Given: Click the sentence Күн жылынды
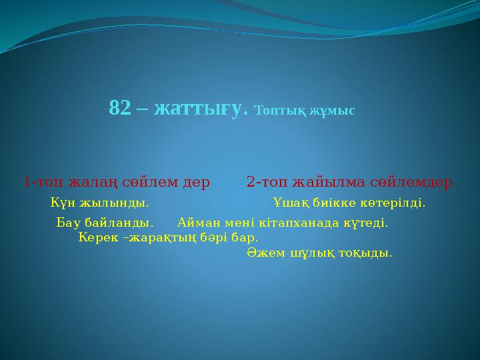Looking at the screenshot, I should (x=100, y=202).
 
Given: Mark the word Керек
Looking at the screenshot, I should (x=97, y=237).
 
